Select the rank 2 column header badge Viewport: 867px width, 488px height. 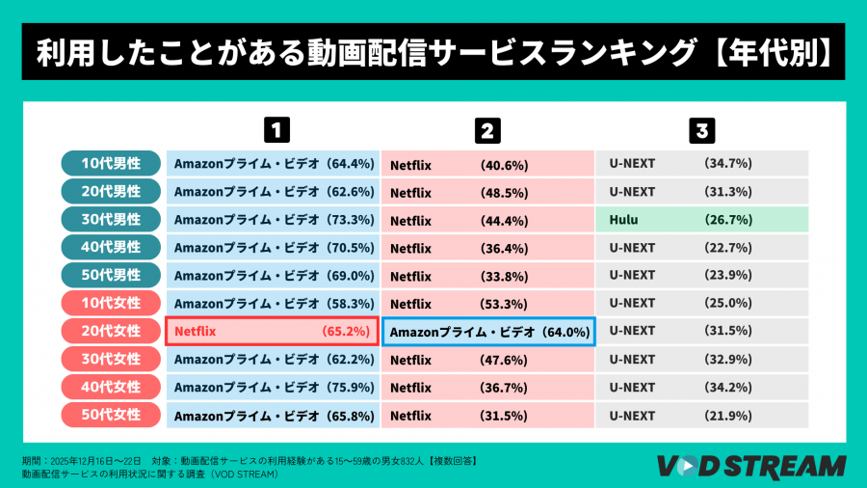coord(489,129)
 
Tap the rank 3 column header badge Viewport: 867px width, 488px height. coord(702,129)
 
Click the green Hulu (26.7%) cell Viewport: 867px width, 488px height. coord(700,220)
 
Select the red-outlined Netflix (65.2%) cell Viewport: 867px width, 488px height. coord(272,331)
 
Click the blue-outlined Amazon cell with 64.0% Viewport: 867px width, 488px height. coord(489,331)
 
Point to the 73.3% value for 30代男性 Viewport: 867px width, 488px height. coord(348,220)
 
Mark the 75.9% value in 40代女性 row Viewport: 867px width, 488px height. coord(348,388)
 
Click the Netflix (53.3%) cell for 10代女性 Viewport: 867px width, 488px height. coord(487,304)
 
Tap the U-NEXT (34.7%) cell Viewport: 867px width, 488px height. coord(700,164)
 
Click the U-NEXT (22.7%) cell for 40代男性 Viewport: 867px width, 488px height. coord(700,248)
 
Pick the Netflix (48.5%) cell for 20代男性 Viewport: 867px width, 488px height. coord(487,192)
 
